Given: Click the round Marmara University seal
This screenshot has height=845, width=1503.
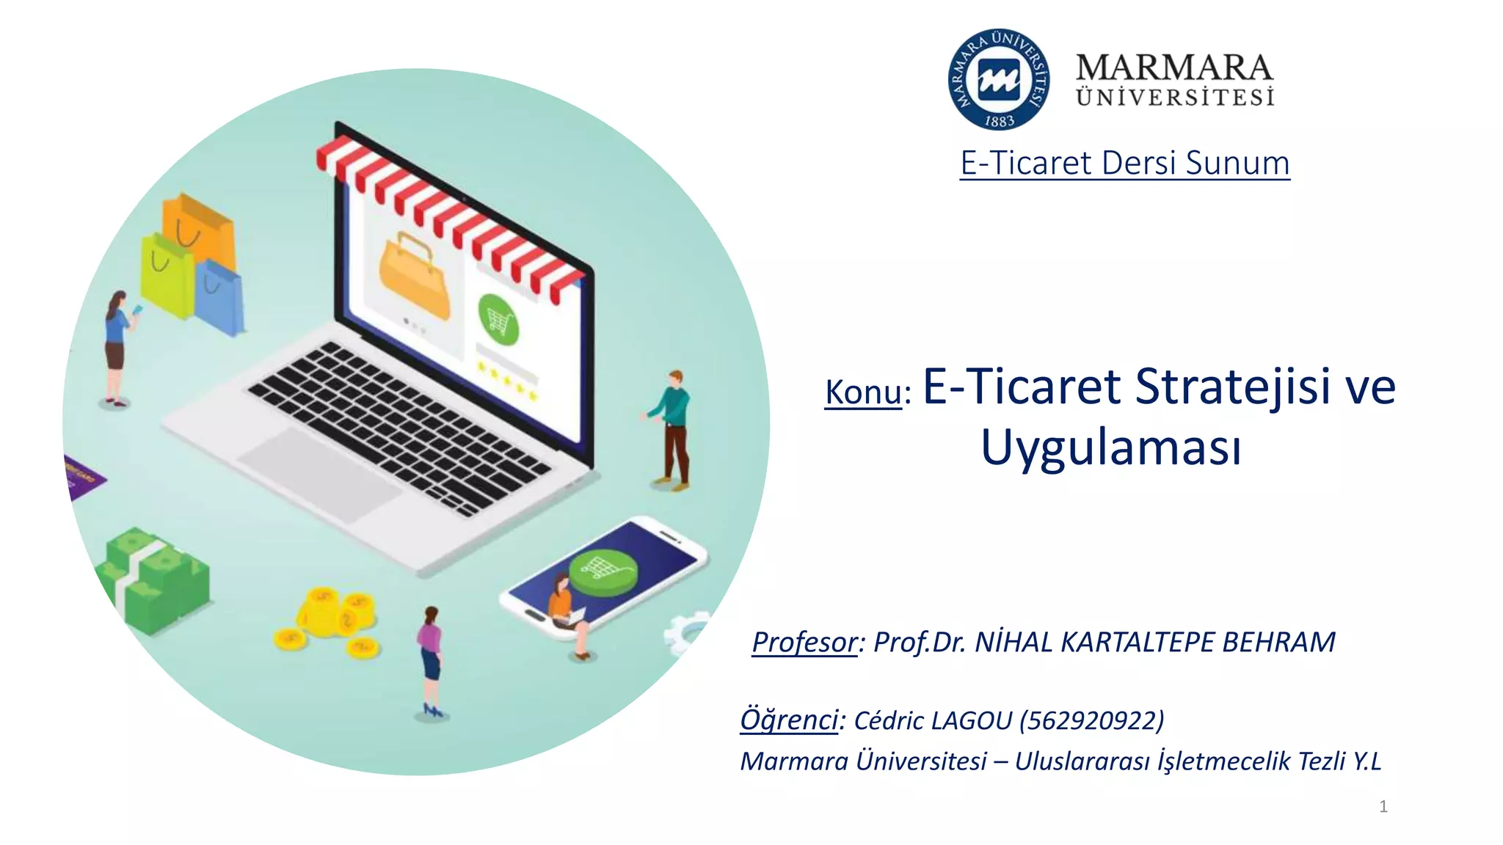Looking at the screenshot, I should click(x=998, y=79).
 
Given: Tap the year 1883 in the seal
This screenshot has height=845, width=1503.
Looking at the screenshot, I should click(x=999, y=121).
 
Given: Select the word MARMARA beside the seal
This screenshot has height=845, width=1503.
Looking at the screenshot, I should click(x=1174, y=67).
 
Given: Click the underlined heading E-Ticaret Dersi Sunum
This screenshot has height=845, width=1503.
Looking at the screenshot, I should click(x=1124, y=163).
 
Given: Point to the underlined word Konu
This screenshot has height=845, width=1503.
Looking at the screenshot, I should click(x=863, y=392).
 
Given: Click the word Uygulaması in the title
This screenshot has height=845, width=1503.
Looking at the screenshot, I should click(x=1111, y=447).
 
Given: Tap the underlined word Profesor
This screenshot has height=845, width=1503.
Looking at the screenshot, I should click(x=804, y=642).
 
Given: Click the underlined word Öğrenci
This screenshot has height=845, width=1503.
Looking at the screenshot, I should click(x=789, y=720).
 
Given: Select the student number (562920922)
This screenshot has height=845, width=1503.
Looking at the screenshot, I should click(x=1092, y=720).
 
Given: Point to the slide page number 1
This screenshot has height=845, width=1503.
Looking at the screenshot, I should click(x=1383, y=807).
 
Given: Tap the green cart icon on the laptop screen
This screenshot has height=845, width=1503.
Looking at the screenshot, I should click(x=498, y=320).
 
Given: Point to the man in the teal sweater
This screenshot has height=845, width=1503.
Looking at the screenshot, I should click(x=672, y=429).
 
